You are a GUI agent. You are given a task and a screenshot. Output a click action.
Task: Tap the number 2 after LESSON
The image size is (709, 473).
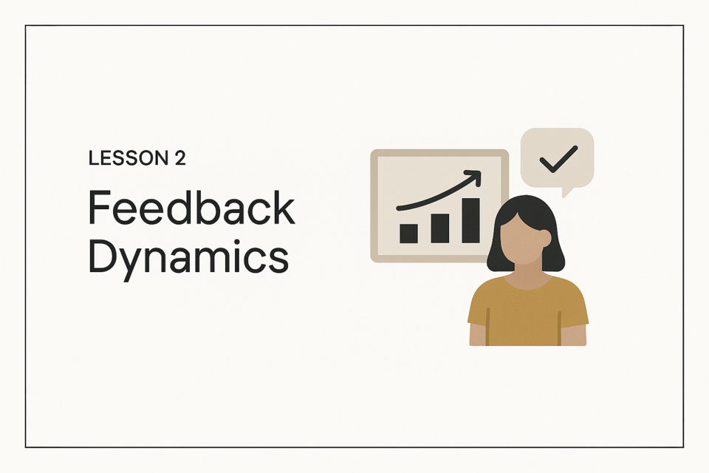(x=180, y=158)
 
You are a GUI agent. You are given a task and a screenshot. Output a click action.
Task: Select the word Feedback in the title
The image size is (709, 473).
(x=192, y=208)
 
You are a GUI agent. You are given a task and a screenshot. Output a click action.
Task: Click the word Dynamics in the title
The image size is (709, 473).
(x=188, y=257)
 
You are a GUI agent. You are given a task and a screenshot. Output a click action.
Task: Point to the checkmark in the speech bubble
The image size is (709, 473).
(x=558, y=159)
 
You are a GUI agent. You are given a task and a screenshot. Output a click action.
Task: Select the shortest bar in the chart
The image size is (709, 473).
(x=408, y=234)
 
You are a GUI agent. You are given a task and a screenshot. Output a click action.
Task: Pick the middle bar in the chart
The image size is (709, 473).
(x=439, y=228)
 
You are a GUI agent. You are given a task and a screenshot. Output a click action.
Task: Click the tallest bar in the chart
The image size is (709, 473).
(x=470, y=220)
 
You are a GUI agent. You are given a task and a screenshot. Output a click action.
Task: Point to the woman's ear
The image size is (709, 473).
(x=546, y=238)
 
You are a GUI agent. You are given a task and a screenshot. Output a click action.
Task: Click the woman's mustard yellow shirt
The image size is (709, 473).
(x=527, y=313)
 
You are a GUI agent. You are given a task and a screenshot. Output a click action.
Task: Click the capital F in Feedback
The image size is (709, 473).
(x=99, y=208)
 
